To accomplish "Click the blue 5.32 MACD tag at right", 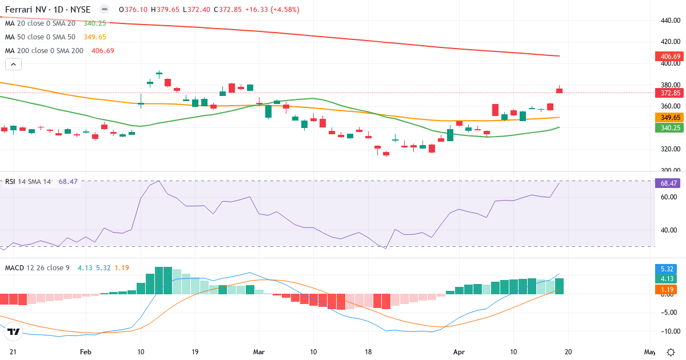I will pos(667,269).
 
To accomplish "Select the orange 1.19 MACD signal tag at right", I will pos(667,290).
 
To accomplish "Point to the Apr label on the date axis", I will pos(458,352).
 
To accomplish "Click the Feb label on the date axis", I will pos(86,352).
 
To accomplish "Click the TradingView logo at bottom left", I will pos(14,331).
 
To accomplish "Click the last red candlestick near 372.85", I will pos(559,90).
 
